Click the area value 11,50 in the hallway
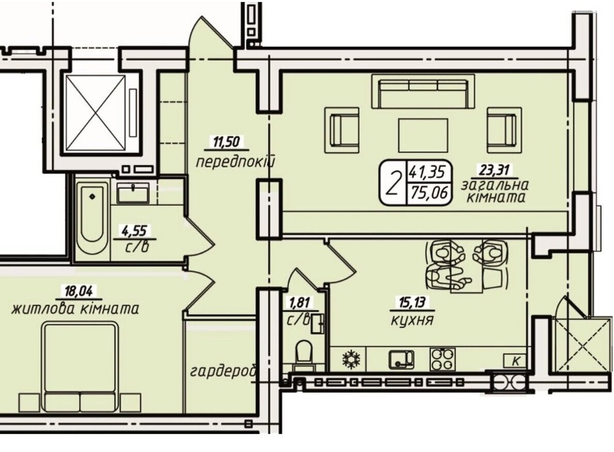pos(227,142)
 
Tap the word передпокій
pos(234,161)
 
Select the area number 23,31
pos(495,170)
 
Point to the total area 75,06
pos(429,193)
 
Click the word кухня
pos(412,320)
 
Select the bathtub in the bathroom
pos(92,220)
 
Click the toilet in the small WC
pos(304,354)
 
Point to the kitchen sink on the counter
pos(401,359)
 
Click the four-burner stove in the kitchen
pos(443,359)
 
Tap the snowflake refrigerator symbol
pos(351,359)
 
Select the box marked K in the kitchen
pos(515,361)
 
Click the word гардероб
pos(224,371)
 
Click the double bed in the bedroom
pos(81,367)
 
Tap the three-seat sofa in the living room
pos(423,91)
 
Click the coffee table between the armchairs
pos(423,135)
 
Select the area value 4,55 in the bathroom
pos(134,231)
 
